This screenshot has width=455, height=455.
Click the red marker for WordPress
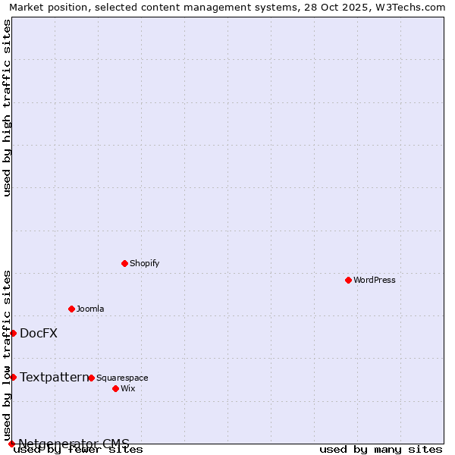click(348, 280)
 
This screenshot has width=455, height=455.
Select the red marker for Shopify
click(124, 263)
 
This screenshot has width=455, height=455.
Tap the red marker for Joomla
click(71, 309)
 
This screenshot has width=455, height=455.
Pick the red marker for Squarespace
click(91, 378)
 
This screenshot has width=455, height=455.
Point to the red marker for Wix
click(115, 388)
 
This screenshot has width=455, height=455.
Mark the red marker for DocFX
click(13, 333)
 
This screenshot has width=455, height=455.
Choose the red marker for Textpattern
click(13, 377)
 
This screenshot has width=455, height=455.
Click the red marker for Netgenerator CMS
click(11, 444)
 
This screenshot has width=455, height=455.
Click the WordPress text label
click(374, 280)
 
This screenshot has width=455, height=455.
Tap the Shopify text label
click(144, 263)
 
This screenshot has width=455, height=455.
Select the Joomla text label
click(90, 309)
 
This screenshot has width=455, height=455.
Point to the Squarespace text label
click(122, 378)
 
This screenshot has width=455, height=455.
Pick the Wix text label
click(127, 388)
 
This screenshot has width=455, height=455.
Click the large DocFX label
click(39, 333)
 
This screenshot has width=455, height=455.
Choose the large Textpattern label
click(54, 377)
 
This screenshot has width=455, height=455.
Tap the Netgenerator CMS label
click(74, 444)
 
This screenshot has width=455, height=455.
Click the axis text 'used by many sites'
click(381, 450)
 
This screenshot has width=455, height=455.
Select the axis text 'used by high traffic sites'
click(7, 108)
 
